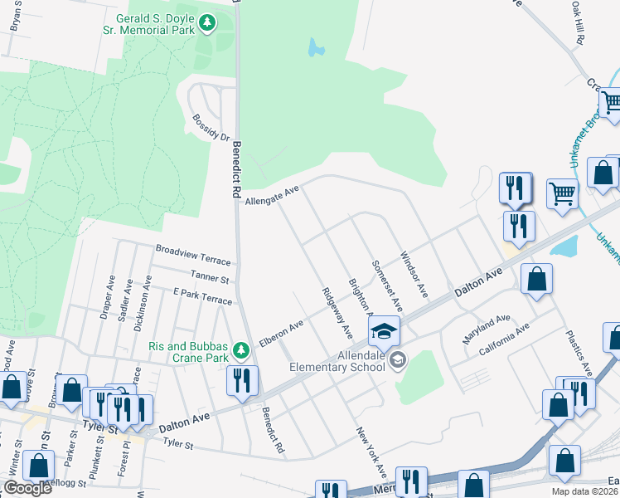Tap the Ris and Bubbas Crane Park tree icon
pos(241,352)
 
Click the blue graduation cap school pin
pos(384,332)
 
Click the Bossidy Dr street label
pos(210,127)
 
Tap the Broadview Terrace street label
pos(194,249)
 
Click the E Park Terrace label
pos(202,297)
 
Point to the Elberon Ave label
pos(281,333)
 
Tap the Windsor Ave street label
pos(413,276)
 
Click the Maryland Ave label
pos(487,324)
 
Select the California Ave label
pos(504,341)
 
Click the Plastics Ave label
pos(579,352)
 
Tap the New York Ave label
pos(371,452)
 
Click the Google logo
pos(27,488)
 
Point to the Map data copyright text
pos(585,491)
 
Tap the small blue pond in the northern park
pos(316,47)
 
